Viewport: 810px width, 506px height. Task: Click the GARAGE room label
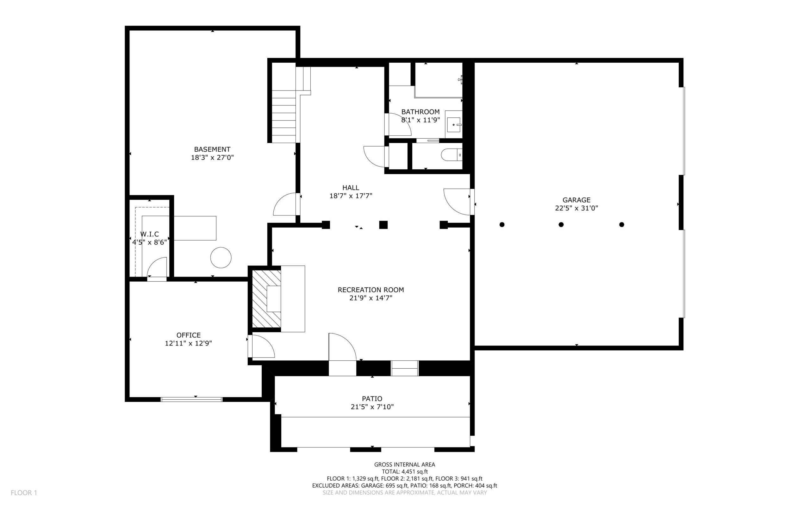click(x=576, y=200)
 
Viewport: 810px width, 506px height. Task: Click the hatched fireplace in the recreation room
click(x=266, y=299)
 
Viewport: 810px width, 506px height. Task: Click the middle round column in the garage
click(x=561, y=225)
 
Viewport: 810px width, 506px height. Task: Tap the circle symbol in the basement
click(x=221, y=257)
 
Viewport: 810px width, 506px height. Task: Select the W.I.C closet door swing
click(x=157, y=267)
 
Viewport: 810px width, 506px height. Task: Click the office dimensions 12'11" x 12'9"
click(x=188, y=343)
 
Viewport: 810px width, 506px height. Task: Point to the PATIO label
click(x=372, y=399)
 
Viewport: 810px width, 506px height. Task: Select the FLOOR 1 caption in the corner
click(x=24, y=493)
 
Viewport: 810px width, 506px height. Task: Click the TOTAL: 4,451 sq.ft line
click(x=405, y=472)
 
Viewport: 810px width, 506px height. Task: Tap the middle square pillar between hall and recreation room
click(x=383, y=225)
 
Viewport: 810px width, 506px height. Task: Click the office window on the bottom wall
click(x=192, y=399)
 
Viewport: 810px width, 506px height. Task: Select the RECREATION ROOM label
click(x=371, y=290)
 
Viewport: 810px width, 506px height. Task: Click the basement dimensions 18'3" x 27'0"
click(x=212, y=157)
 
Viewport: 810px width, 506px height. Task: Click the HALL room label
click(x=351, y=188)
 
